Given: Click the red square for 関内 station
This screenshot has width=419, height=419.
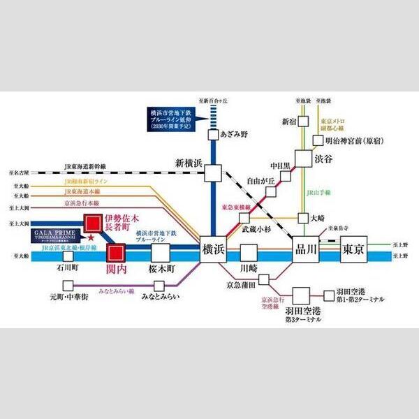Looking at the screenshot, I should pyautogui.click(x=117, y=251).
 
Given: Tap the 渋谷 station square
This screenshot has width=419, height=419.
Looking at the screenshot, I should pyautogui.click(x=303, y=159).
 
